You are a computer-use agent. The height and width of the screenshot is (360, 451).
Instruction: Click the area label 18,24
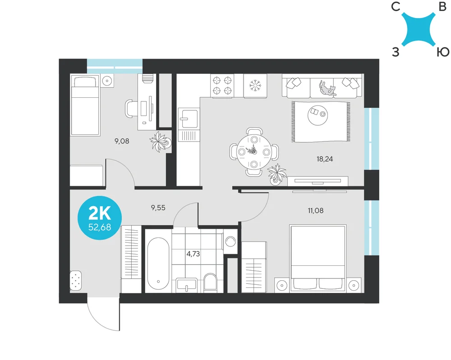[325, 159]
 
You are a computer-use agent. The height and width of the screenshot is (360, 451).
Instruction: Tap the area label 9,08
[122, 141]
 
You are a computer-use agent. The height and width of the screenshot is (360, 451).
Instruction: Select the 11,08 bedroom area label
[316, 210]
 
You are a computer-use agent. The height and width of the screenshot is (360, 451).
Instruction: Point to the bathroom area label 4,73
[193, 254]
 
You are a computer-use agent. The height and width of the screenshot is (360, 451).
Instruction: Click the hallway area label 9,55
[158, 207]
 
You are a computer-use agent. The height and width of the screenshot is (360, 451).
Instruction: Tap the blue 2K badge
[100, 218]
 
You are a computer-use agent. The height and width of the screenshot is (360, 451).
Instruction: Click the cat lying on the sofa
[327, 88]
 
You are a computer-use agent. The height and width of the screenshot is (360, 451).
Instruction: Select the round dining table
[253, 152]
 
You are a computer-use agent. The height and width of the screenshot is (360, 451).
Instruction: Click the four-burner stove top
[222, 86]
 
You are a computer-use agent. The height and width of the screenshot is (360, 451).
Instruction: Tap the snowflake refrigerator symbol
[255, 86]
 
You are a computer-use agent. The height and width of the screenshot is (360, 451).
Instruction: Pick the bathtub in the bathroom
[158, 264]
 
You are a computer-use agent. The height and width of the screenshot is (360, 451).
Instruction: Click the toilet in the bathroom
[210, 283]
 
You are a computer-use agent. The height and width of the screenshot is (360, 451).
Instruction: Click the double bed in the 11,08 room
[318, 259]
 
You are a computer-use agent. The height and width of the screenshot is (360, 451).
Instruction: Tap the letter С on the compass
[396, 6]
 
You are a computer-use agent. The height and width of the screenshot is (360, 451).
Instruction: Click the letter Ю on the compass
[443, 52]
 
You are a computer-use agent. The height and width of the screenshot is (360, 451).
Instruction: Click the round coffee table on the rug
[318, 115]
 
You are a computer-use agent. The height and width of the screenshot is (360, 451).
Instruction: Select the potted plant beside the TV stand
[276, 174]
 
